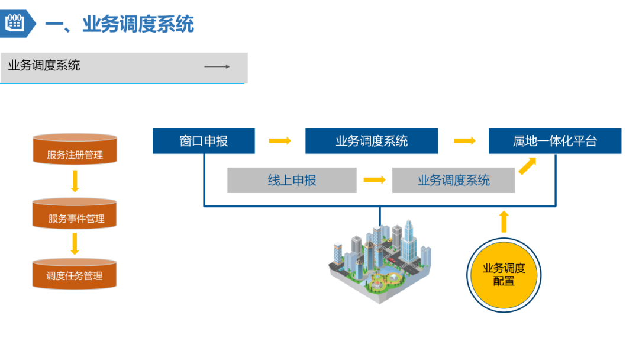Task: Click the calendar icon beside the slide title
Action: coord(14,23)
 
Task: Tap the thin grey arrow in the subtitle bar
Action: coord(217,66)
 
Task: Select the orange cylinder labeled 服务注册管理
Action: coord(75,150)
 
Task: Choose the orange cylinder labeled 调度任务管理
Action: coord(75,273)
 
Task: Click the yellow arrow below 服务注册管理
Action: coord(75,181)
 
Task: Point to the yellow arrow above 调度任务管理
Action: coord(75,243)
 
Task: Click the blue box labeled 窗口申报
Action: coord(204,141)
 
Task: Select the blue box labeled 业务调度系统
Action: coord(372,141)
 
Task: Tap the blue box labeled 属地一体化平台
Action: coord(555,141)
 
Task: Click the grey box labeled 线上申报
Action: coord(292,180)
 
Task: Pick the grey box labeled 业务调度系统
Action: coord(453,180)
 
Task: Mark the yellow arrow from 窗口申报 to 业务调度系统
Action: coord(280,141)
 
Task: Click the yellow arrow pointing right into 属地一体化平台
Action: coord(464,141)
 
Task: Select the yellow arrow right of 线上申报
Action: coord(375,179)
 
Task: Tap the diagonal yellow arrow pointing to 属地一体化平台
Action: coord(527,166)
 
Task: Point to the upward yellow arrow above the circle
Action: coord(504,221)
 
